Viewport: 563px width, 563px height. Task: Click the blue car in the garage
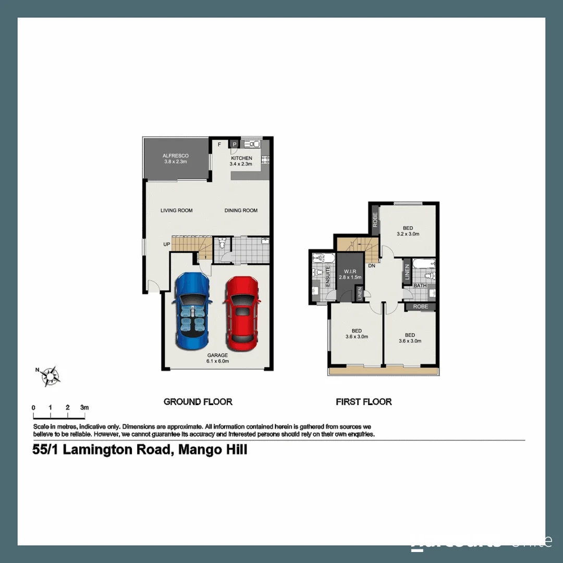tap(192, 313)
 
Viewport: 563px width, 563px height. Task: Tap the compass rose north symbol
tap(51, 375)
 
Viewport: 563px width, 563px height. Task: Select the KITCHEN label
tap(241, 158)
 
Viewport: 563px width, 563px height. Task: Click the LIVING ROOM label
tap(177, 211)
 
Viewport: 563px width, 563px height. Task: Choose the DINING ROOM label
tap(241, 211)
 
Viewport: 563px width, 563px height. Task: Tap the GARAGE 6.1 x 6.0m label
tap(217, 358)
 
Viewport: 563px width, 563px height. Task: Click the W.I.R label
tap(349, 272)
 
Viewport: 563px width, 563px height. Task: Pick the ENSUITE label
tap(328, 277)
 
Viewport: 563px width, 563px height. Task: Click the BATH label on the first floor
tap(420, 286)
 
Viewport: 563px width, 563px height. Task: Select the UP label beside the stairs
tap(167, 244)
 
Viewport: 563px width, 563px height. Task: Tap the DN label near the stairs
tap(372, 266)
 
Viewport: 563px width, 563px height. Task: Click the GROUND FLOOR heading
tap(198, 401)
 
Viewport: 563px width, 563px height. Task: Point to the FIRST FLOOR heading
tap(364, 401)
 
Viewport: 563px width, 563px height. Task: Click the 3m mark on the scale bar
tap(84, 407)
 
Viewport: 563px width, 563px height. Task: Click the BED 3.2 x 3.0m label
tap(408, 231)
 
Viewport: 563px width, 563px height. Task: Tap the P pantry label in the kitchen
tap(235, 144)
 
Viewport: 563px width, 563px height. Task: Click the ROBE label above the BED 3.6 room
tap(420, 307)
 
